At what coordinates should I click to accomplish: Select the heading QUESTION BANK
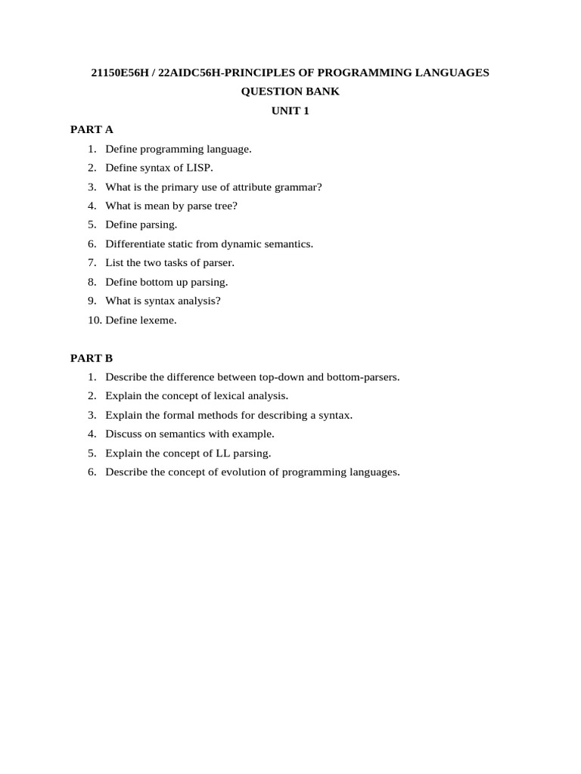tap(290, 91)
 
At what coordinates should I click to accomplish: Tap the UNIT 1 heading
tap(290, 110)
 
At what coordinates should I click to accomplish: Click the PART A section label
tap(92, 129)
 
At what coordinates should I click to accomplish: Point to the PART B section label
tap(92, 358)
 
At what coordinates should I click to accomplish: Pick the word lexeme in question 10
tap(160, 320)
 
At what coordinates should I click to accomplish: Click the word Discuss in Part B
tap(123, 434)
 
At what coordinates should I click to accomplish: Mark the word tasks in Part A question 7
tap(188, 262)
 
